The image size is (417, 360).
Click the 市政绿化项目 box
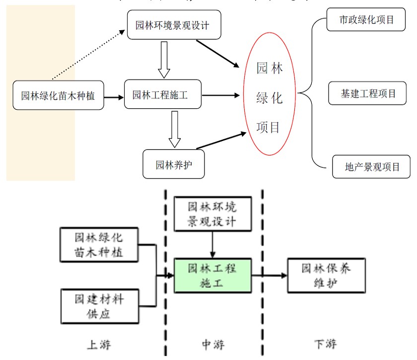pos(366,20)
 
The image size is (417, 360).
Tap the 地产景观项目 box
pos(372,167)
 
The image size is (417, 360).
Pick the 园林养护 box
pos(173,164)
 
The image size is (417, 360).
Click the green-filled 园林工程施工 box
pos(212,276)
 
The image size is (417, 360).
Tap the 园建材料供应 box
pos(99,306)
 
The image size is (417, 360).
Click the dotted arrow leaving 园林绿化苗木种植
pos(87,55)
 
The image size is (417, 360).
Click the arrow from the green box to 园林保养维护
pos(269,276)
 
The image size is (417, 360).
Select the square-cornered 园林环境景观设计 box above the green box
pos(212,214)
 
